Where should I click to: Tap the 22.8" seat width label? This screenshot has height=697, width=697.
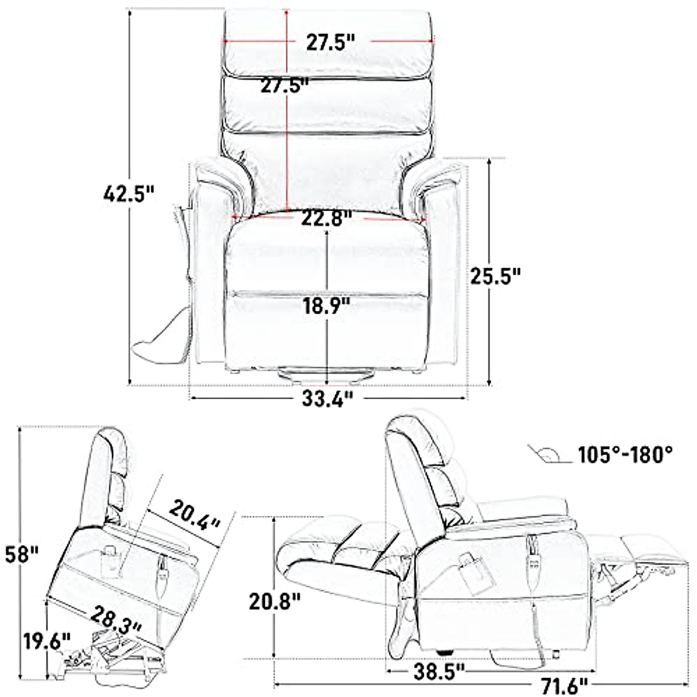click(x=327, y=219)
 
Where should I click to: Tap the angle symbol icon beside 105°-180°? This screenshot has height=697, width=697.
click(x=545, y=454)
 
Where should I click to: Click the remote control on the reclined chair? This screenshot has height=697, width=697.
click(x=533, y=558)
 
